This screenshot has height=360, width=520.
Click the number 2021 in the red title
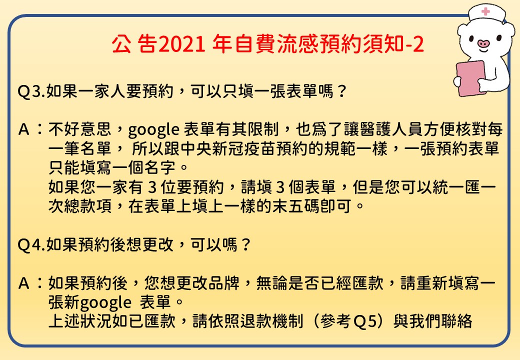[x=181, y=44]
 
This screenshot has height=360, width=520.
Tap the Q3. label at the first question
[x=31, y=91]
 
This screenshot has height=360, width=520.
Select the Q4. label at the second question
[x=31, y=245]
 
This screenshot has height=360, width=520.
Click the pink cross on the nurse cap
[x=485, y=11]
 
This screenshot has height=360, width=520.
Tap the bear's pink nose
[x=483, y=43]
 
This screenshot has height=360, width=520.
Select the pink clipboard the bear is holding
[x=470, y=78]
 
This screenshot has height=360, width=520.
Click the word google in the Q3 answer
[x=153, y=130]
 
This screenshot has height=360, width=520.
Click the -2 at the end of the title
[x=414, y=44]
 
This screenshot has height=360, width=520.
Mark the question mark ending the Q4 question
[x=245, y=245]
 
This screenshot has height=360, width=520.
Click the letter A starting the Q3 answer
[x=24, y=129]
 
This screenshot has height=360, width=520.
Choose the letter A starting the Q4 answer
[x=24, y=283]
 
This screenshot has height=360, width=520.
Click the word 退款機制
[x=272, y=321]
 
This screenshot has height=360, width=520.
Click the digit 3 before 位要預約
[x=152, y=187]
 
